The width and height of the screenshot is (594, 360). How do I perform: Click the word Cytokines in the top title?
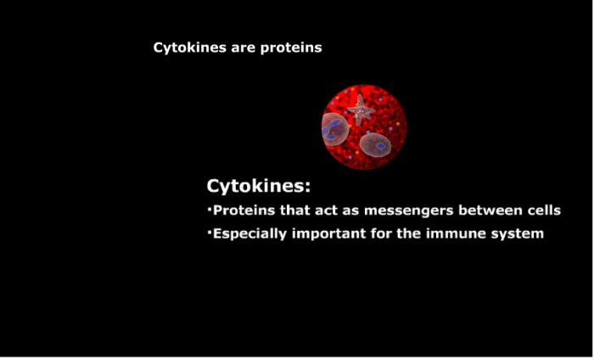pos(184,48)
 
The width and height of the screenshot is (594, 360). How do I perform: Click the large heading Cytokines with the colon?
pos(258,187)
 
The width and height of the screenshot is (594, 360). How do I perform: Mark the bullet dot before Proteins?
pos(209,207)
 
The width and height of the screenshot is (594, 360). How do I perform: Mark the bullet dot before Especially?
pos(209,230)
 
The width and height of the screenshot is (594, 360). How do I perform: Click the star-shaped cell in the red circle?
pos(361,110)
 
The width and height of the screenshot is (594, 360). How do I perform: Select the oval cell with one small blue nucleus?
pos(375,144)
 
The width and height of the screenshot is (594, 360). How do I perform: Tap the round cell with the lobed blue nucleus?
pos(335,129)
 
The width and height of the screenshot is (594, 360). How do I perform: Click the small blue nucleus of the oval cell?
pos(380,145)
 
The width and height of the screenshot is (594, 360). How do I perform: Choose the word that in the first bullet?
pos(295,210)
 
